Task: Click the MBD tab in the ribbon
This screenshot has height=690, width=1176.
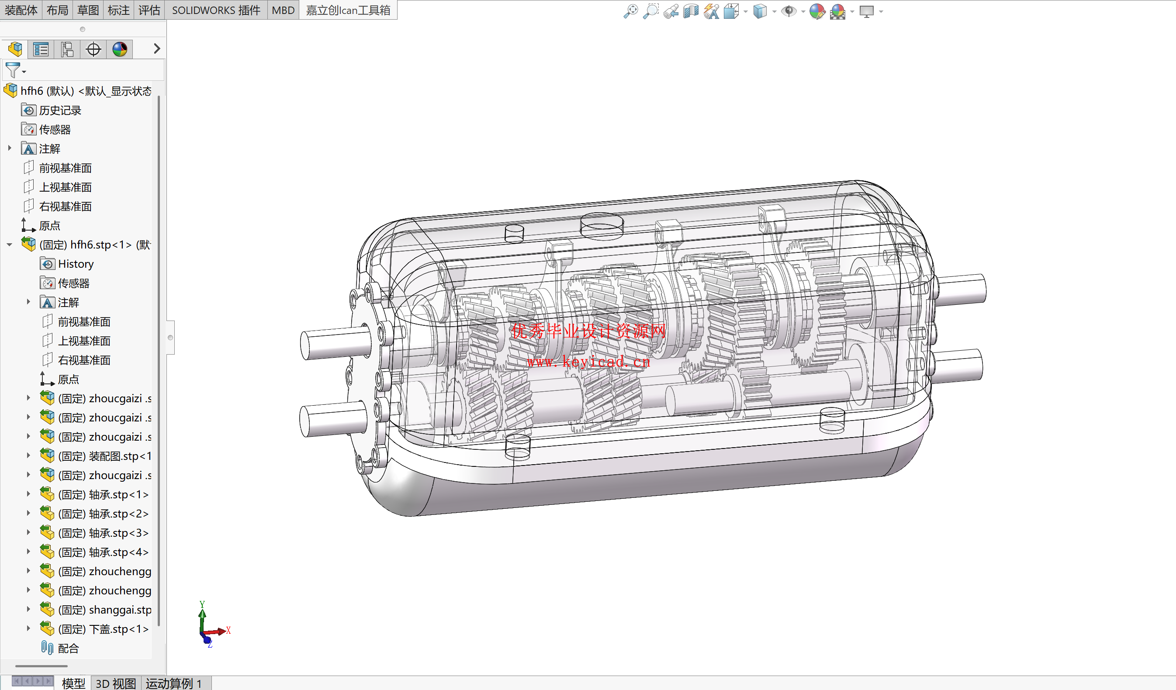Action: tap(283, 10)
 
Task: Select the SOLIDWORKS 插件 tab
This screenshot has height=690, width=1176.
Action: tap(216, 10)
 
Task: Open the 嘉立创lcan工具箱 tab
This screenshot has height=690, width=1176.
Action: tap(348, 10)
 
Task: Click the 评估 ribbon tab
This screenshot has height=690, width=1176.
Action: tap(149, 10)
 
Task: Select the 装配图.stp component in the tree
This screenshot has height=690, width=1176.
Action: tap(104, 456)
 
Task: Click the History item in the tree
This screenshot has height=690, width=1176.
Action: tap(76, 264)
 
